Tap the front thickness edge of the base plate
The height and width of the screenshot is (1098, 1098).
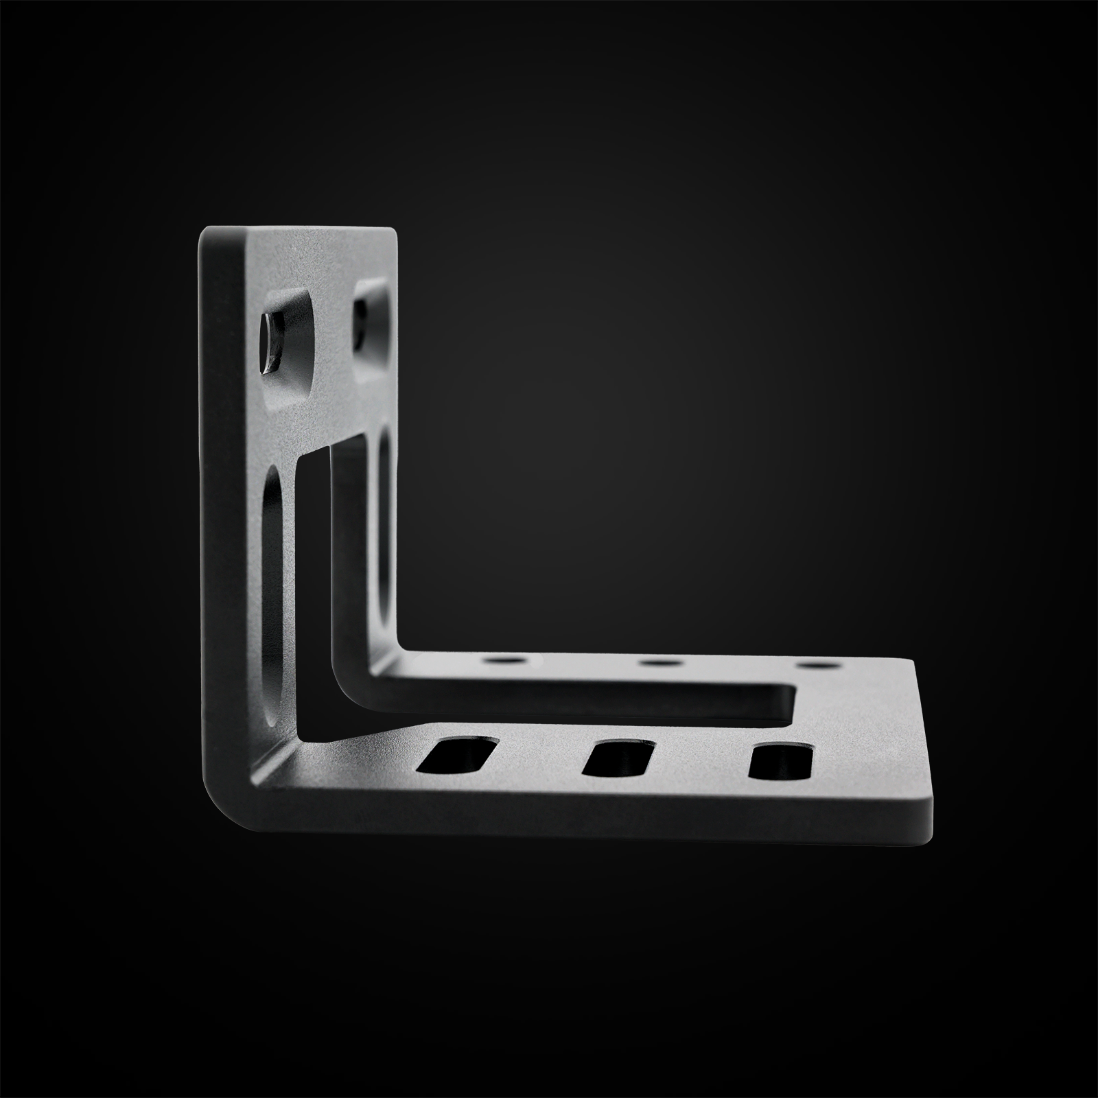click(x=583, y=823)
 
